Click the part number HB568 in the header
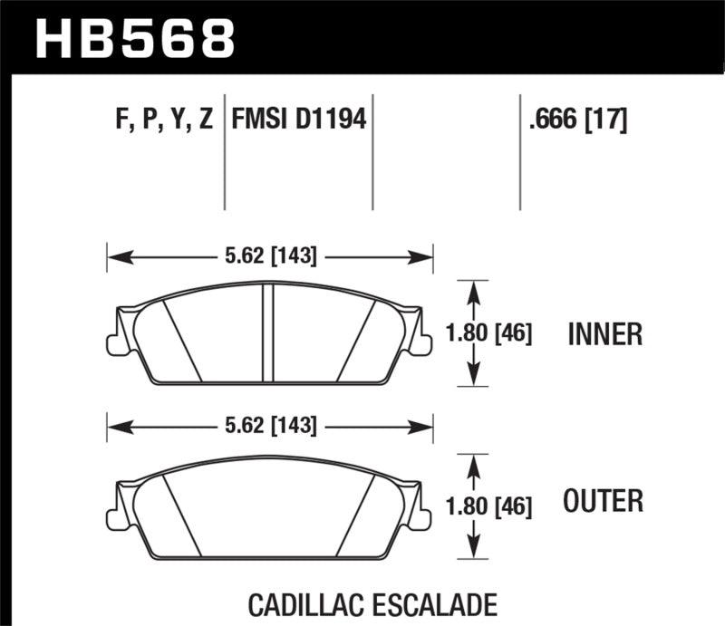pos(133,37)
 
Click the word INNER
pos(604,335)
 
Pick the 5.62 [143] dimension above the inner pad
pos(270,256)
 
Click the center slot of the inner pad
pos(268,332)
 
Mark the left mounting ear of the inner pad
pos(114,344)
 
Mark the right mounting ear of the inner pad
pos(423,344)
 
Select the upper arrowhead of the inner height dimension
pos(472,287)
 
